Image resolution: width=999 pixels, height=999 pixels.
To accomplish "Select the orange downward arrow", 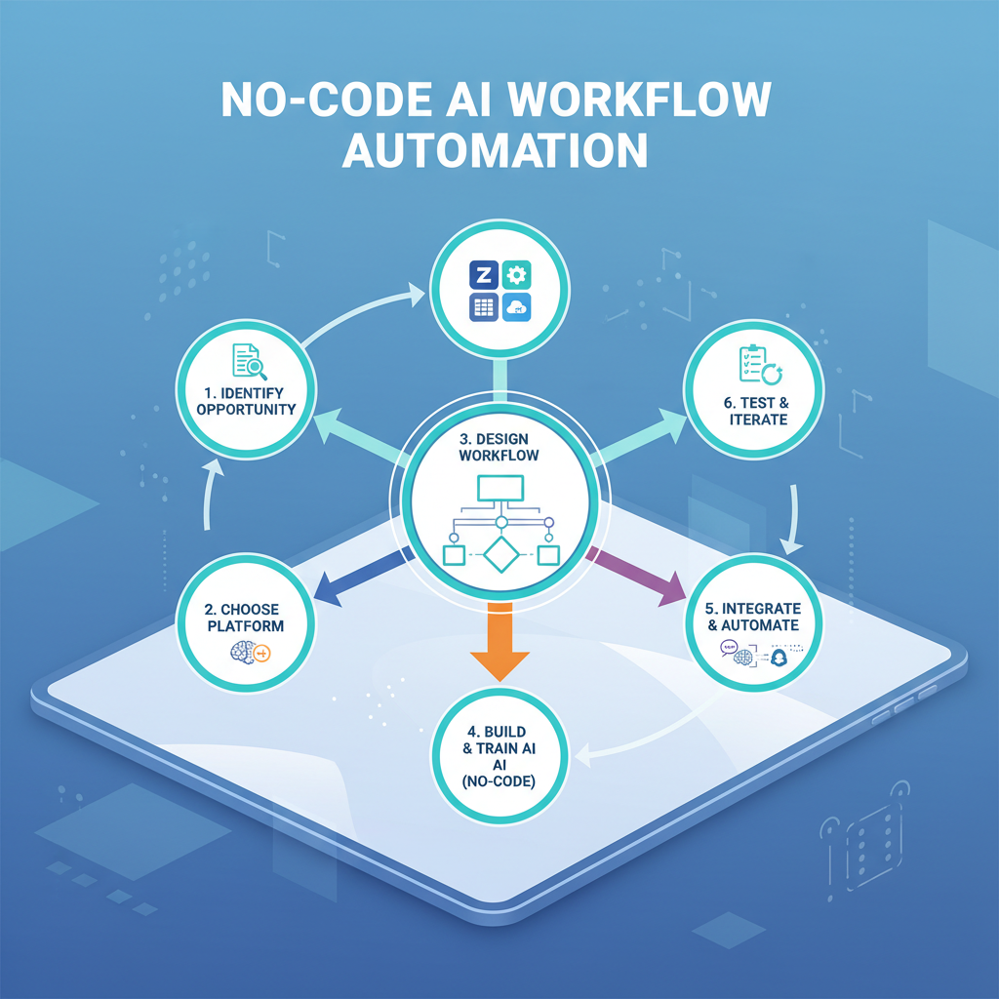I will coord(499,644).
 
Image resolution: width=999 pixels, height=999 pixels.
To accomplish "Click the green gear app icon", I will coord(517,276).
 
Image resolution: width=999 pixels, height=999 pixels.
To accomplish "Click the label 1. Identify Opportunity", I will coord(246,400).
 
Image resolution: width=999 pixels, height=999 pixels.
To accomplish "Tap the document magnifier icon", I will coord(251,360).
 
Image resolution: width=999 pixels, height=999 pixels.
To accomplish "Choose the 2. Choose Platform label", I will coord(246,618).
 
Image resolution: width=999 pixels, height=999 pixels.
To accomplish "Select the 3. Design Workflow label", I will coord(499,446).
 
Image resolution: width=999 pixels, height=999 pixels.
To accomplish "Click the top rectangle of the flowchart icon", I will coord(499,488).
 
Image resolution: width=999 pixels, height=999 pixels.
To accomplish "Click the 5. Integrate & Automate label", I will coord(752,618).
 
